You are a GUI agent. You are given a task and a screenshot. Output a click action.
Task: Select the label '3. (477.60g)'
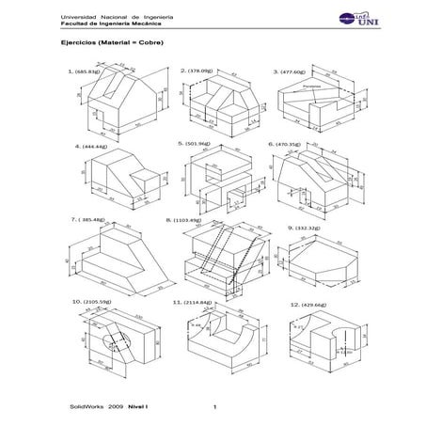291,71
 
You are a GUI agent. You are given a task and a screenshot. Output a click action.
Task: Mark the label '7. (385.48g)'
89,219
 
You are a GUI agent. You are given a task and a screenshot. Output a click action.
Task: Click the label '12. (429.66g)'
295,304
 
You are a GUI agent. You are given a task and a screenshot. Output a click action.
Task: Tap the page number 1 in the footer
215,407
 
